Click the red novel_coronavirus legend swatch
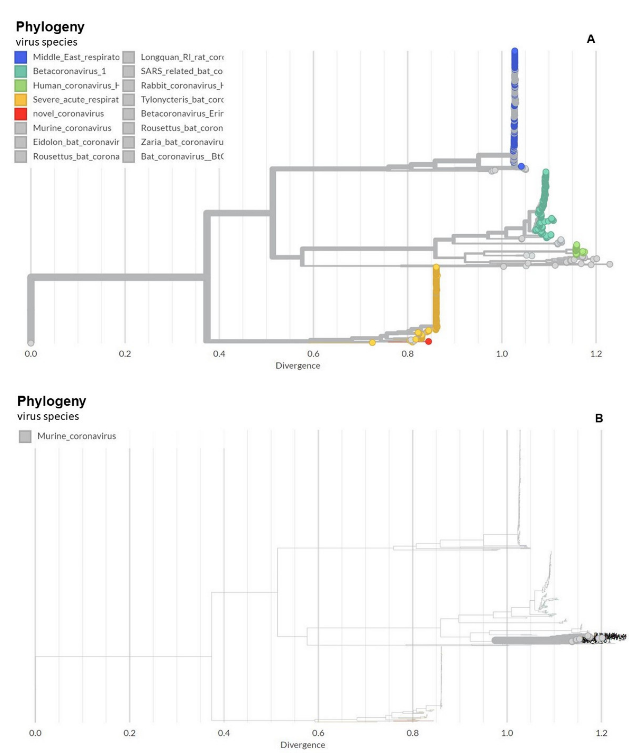click(x=21, y=114)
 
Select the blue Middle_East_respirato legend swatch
click(x=21, y=57)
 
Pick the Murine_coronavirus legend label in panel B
click(x=76, y=436)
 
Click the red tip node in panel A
click(x=429, y=342)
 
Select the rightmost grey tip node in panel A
click(x=610, y=264)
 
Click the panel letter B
click(x=599, y=419)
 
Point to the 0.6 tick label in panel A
click(x=313, y=354)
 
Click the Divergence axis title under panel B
click(x=303, y=745)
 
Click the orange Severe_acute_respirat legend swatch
click(x=21, y=100)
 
